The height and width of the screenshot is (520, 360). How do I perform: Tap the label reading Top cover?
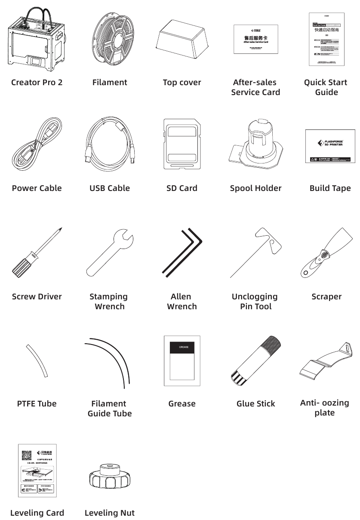(x=182, y=82)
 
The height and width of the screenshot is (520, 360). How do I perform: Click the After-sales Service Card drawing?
(x=255, y=39)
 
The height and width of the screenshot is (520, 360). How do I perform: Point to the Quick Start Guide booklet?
(x=326, y=39)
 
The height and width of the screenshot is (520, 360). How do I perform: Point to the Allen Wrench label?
(x=182, y=301)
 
